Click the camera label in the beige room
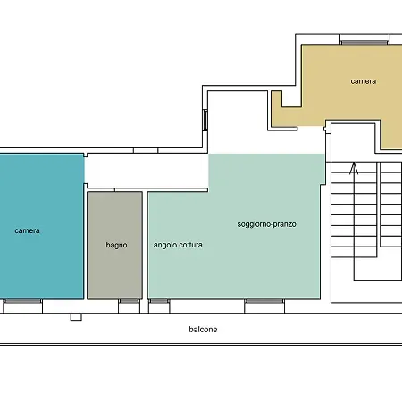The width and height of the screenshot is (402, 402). point(363,81)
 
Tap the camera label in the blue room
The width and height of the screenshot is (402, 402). point(27,230)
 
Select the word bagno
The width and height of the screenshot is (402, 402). point(116,244)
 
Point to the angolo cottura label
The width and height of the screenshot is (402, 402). point(178,244)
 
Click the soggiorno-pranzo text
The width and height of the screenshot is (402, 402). point(267,223)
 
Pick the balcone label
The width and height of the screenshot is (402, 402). point(203,329)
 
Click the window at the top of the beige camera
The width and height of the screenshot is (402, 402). point(363,41)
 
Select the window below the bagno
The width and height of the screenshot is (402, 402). point(129,301)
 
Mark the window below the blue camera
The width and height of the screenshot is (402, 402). point(22,302)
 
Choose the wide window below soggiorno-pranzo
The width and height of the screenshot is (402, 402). point(264,301)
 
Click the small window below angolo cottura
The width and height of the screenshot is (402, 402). point(159,301)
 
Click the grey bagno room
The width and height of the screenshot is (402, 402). point(114,268)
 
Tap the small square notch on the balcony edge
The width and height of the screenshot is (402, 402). point(75,316)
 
